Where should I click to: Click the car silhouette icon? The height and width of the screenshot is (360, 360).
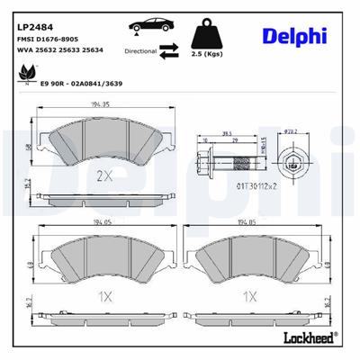(148, 25)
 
